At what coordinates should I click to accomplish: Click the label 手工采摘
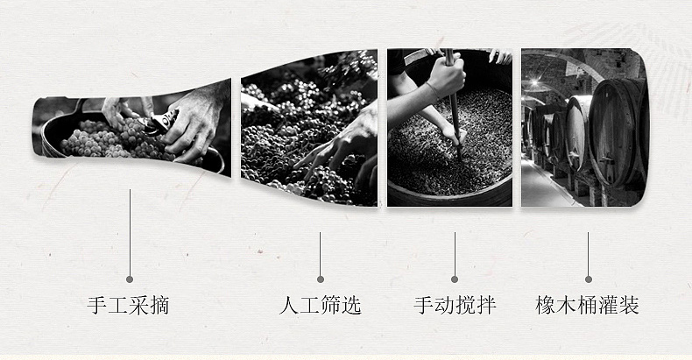pyautogui.click(x=128, y=306)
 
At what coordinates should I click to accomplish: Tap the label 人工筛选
pyautogui.click(x=321, y=306)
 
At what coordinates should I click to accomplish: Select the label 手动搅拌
pyautogui.click(x=455, y=306)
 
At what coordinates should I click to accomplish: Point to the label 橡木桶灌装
pyautogui.click(x=588, y=306)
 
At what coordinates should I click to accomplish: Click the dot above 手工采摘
pyautogui.click(x=130, y=279)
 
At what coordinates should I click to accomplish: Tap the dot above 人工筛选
pyautogui.click(x=321, y=279)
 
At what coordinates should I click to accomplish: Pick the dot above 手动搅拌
pyautogui.click(x=455, y=279)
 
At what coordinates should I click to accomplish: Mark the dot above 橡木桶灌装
pyautogui.click(x=589, y=279)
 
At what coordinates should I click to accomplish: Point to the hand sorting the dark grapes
pyautogui.click(x=339, y=141)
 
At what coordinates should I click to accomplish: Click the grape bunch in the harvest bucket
pyautogui.click(x=110, y=140)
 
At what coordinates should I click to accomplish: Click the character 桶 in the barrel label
pyautogui.click(x=588, y=306)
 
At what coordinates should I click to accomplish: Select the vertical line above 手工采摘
pyautogui.click(x=130, y=233)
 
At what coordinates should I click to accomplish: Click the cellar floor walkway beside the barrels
pyautogui.click(x=545, y=186)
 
